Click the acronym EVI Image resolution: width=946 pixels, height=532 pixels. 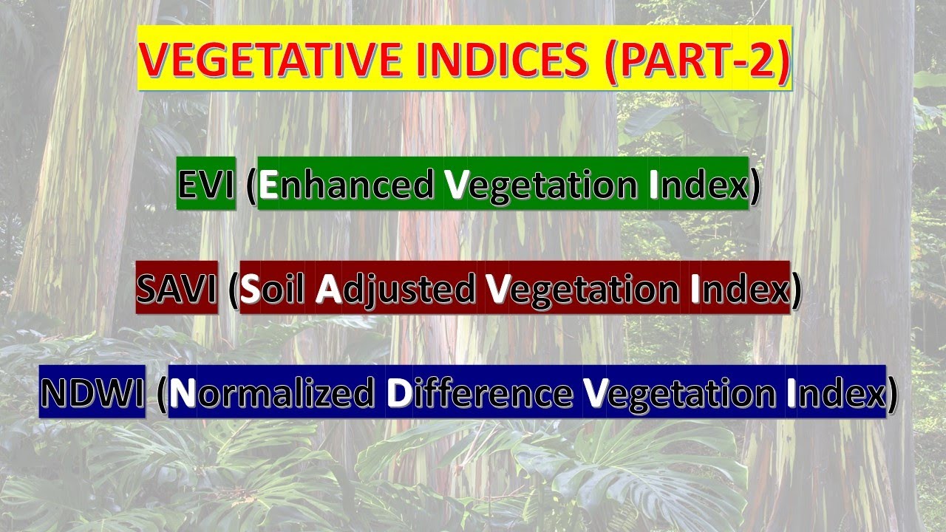point(206,185)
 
